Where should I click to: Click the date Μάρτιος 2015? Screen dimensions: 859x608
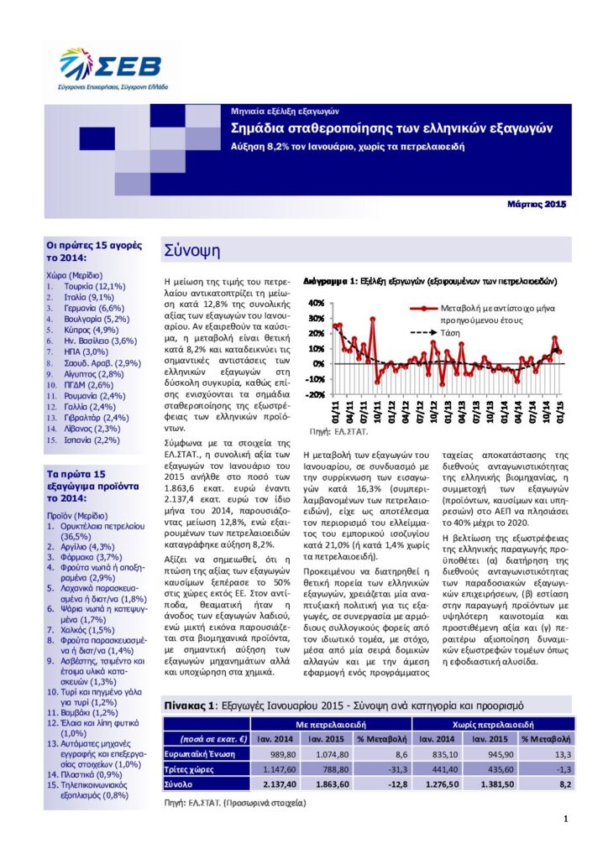pyautogui.click(x=537, y=203)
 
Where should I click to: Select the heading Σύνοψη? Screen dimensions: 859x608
pyautogui.click(x=192, y=250)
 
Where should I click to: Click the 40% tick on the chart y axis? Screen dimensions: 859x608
pyautogui.click(x=316, y=303)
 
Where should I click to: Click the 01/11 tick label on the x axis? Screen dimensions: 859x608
pyautogui.click(x=336, y=413)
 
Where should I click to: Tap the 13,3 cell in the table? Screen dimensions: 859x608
pyautogui.click(x=563, y=754)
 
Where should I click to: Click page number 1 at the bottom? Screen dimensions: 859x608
pyautogui.click(x=565, y=819)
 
